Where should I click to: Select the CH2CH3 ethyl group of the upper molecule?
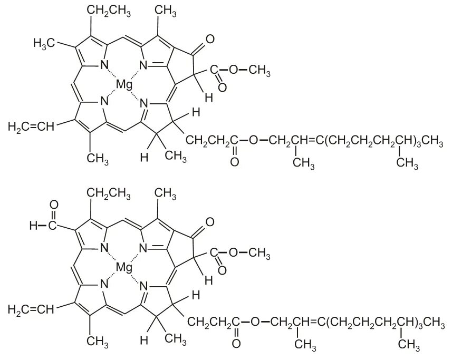[x=109, y=9]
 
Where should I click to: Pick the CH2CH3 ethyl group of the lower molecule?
[x=109, y=193]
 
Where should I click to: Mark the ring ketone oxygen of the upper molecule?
[x=210, y=39]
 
